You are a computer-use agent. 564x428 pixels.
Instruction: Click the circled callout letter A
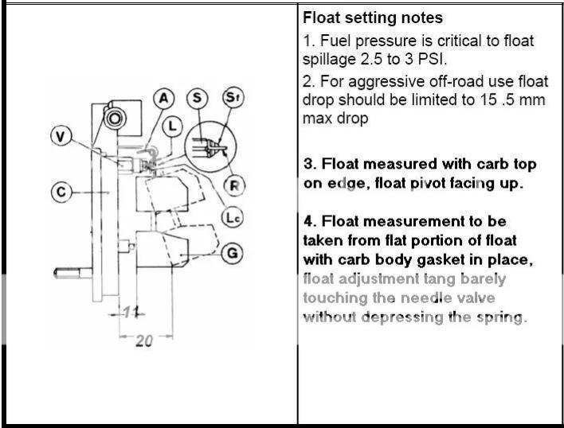click(x=164, y=98)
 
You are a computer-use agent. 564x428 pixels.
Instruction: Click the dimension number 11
click(x=131, y=312)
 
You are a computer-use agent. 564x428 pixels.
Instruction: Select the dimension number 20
click(x=143, y=340)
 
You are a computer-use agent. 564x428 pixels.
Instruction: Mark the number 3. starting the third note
click(x=311, y=164)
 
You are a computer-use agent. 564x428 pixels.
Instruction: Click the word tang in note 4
click(x=445, y=279)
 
